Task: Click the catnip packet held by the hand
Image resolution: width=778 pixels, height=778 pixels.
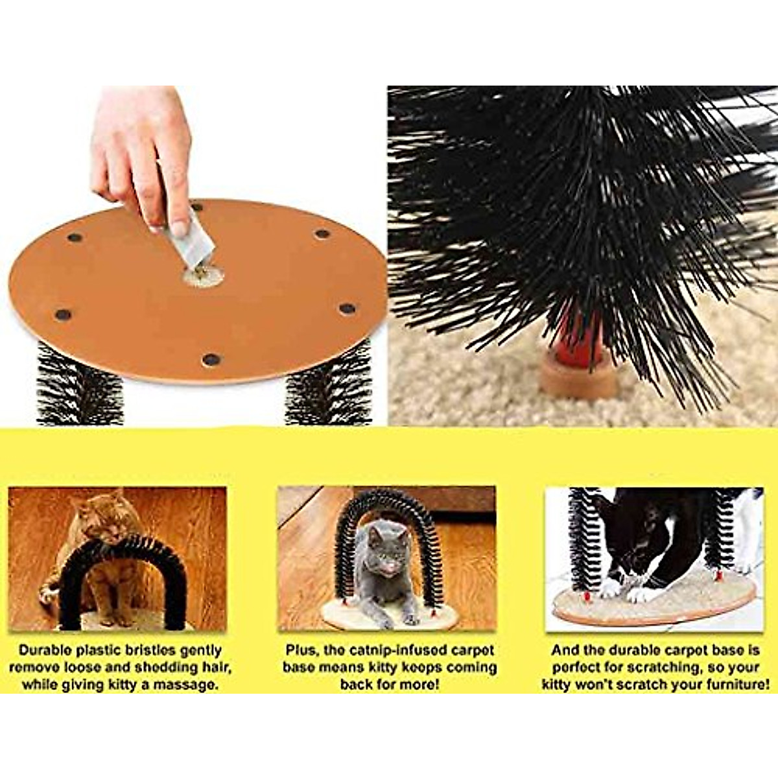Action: coord(193,239)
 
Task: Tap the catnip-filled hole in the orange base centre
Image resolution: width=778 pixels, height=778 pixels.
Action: coord(203,275)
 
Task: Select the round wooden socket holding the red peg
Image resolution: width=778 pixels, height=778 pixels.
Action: coord(579,375)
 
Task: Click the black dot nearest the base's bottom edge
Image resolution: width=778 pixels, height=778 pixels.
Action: coord(211,359)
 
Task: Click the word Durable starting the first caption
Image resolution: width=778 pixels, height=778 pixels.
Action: coord(46,650)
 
